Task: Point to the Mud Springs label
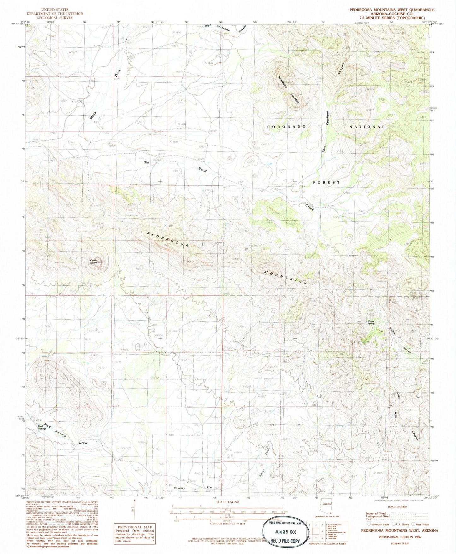(x=42, y=427)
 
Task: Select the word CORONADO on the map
(x=287, y=126)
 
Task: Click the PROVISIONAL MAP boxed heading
(x=135, y=527)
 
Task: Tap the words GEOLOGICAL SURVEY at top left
(x=54, y=18)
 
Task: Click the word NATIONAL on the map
(x=367, y=126)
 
